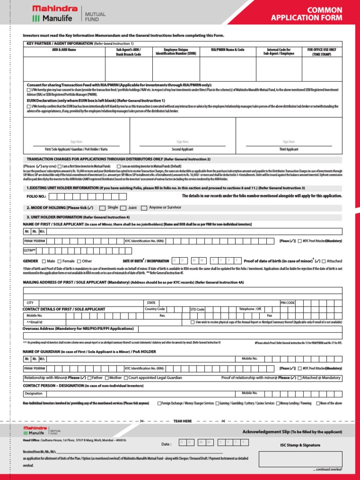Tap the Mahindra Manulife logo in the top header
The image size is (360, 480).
coord(55,14)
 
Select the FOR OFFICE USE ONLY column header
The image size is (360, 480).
coord(322,52)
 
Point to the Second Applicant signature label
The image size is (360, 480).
coord(182,149)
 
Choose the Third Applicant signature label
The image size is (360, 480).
coord(288,149)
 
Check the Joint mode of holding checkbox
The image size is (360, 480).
coord(123,208)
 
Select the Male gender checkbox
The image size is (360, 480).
coord(44,261)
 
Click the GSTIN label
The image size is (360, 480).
coord(30,251)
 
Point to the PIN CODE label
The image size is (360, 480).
coord(288,303)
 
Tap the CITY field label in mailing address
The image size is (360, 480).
coord(30,303)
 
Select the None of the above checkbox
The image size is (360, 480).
coord(319,403)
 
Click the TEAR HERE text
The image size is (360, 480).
coord(182,421)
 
